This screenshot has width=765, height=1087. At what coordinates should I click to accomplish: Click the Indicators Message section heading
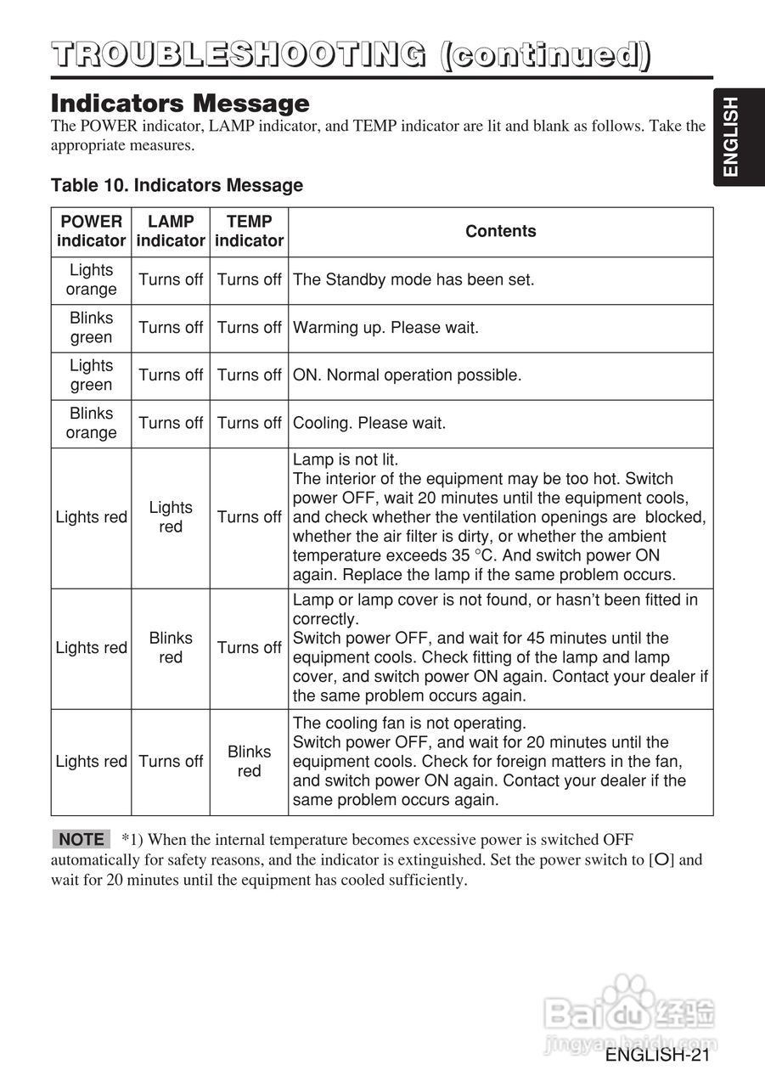tap(180, 104)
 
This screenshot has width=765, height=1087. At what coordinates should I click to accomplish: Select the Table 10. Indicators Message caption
tap(177, 185)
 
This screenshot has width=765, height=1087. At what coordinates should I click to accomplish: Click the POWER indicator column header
tap(91, 231)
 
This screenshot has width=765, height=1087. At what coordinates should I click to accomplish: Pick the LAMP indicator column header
tap(171, 231)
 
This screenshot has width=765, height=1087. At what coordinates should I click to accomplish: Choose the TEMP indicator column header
tap(249, 231)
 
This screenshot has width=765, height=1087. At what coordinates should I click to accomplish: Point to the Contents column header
tap(500, 231)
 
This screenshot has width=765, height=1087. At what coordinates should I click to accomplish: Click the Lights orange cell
tap(91, 279)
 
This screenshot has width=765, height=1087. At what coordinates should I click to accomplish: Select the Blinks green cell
tap(91, 327)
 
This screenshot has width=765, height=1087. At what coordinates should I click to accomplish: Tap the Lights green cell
tap(91, 375)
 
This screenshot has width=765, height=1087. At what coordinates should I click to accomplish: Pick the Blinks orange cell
tap(91, 422)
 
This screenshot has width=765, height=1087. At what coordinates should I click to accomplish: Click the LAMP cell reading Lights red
tap(171, 517)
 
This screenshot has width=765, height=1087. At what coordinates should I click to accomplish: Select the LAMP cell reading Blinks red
tap(171, 647)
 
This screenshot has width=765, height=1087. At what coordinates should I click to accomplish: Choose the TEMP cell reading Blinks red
tap(249, 761)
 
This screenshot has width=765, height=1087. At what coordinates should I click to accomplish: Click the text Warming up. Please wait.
tap(385, 327)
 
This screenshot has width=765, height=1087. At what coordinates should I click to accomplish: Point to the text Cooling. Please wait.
tap(368, 422)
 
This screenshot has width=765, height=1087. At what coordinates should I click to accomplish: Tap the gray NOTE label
tap(82, 839)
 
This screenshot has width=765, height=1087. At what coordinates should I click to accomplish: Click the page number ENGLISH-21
tap(657, 1055)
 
